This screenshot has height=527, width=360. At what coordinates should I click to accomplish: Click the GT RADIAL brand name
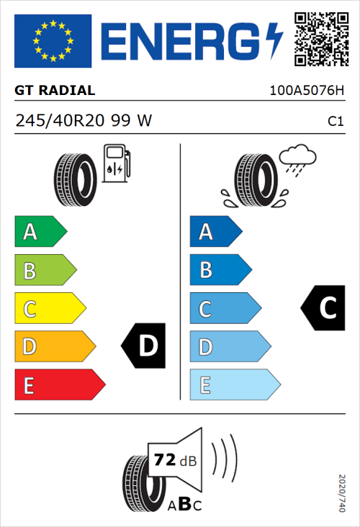click(55, 91)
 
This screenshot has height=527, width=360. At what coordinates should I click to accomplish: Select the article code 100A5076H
click(306, 91)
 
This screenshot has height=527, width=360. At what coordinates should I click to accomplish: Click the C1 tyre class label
click(335, 122)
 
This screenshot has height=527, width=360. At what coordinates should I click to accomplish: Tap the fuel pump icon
click(116, 163)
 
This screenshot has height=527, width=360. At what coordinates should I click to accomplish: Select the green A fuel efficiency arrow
click(40, 232)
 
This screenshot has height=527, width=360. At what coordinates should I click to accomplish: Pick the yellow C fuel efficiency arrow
click(50, 309)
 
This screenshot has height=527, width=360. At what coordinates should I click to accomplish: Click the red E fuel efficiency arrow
click(59, 385)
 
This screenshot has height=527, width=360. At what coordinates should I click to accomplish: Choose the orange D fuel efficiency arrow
click(55, 347)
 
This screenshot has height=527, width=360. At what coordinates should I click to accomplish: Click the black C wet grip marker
click(323, 308)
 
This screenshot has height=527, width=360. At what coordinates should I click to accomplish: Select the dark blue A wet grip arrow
click(215, 232)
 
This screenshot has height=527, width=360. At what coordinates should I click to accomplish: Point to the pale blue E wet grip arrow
click(234, 385)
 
